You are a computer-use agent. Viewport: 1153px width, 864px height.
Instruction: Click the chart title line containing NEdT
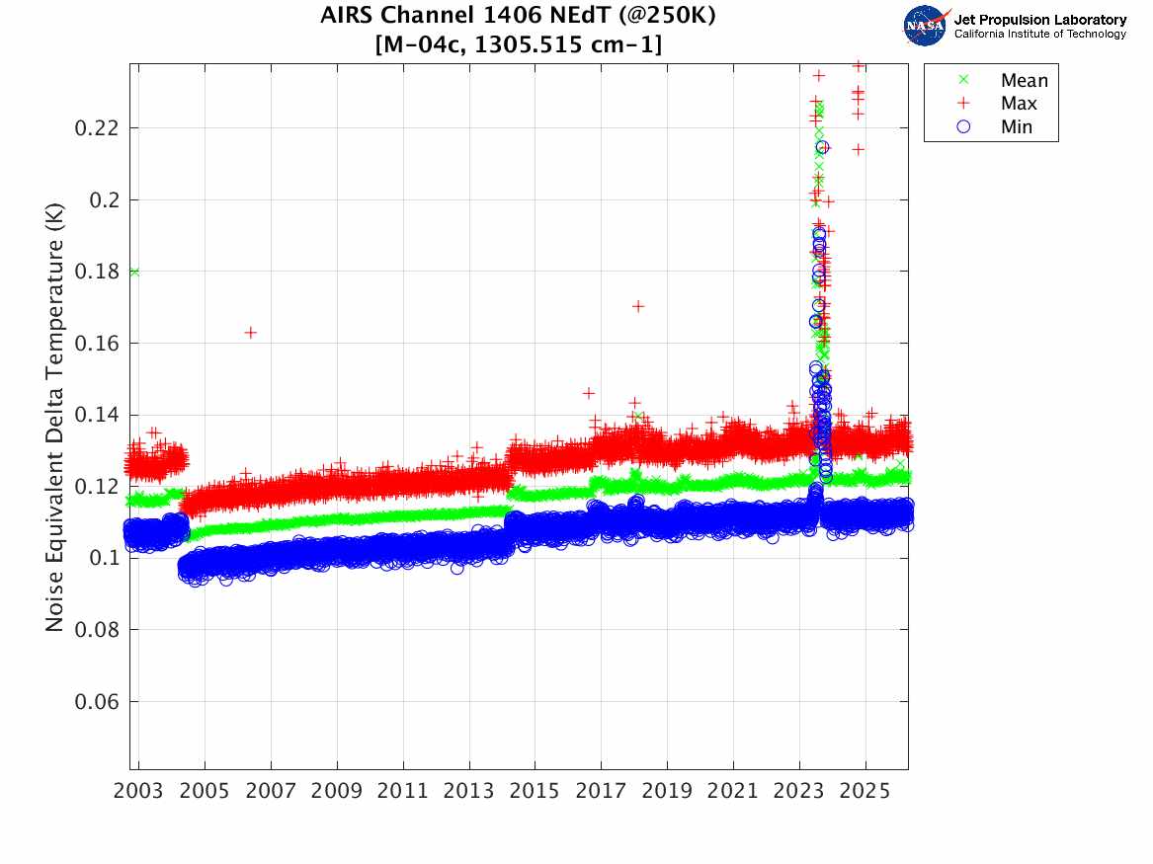[x=519, y=17]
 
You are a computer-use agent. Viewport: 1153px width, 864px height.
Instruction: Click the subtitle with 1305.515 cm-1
[x=519, y=44]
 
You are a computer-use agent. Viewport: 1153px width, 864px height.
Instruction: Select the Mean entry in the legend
[x=1024, y=81]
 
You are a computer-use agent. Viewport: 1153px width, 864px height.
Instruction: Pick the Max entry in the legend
[x=1019, y=104]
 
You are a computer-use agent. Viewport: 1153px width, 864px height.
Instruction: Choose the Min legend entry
[x=1017, y=126]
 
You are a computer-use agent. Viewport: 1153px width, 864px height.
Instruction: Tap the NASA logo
[x=926, y=26]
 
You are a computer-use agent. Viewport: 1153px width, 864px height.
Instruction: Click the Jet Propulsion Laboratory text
[x=1039, y=20]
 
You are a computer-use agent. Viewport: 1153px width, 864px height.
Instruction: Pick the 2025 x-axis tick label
[x=865, y=792]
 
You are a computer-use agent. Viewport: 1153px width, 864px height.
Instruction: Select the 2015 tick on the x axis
[x=535, y=792]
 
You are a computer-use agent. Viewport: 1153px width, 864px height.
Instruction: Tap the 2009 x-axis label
[x=337, y=792]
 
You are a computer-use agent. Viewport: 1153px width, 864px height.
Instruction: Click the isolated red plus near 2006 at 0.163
[x=251, y=333]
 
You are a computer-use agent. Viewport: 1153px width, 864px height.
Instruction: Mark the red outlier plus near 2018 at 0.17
[x=638, y=306]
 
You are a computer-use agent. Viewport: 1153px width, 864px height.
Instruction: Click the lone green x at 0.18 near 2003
[x=134, y=272]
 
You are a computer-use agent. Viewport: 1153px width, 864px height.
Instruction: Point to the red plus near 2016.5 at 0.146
[x=589, y=393]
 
